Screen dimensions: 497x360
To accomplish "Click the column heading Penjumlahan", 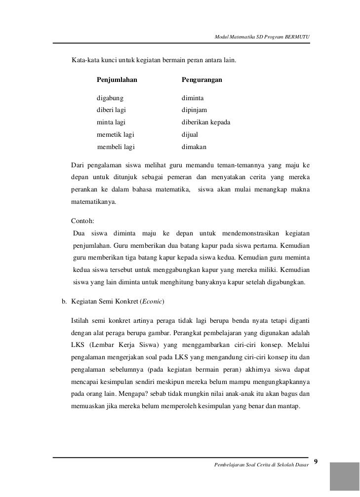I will [117, 79].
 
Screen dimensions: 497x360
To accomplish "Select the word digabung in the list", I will [110, 99].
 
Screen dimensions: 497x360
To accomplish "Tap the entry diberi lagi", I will [111, 111].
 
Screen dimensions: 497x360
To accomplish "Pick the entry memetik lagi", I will [115, 134].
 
